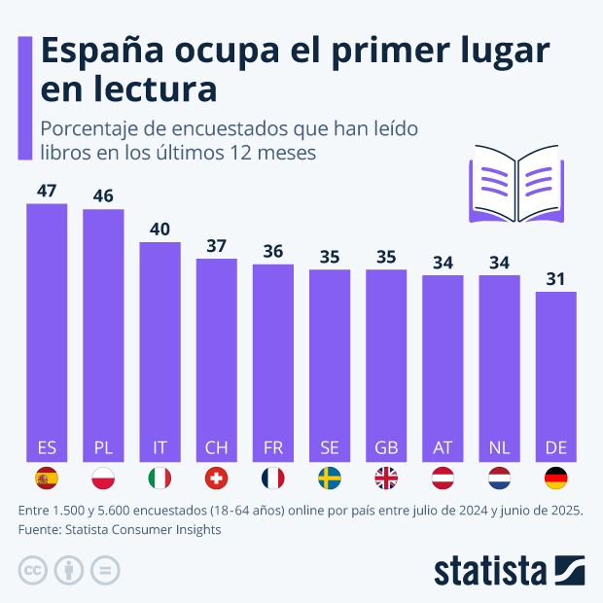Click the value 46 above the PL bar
pos(103,195)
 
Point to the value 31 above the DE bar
pos(556,278)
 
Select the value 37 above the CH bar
pos(216,245)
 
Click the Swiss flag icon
pos(216,479)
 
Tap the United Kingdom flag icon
pos(386,479)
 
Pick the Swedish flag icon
pos(330,479)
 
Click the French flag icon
pos(273,479)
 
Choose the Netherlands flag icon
pos(500,479)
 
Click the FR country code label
pos(273,447)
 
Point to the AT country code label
pos(443,447)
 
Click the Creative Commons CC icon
pos(33,569)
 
